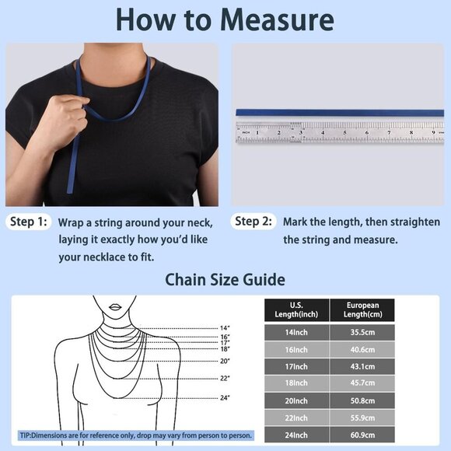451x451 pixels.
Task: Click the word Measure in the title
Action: click(x=277, y=19)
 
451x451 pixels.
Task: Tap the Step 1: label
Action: click(x=28, y=222)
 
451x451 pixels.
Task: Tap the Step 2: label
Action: click(x=253, y=221)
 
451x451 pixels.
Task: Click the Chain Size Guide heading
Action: click(x=226, y=280)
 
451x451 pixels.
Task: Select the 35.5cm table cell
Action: click(x=362, y=333)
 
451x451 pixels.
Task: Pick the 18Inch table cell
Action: click(x=296, y=383)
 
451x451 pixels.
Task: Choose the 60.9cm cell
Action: click(x=362, y=435)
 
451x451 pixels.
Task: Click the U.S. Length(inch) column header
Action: click(x=296, y=310)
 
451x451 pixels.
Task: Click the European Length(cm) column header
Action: click(x=362, y=310)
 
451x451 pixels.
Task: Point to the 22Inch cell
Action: click(x=296, y=418)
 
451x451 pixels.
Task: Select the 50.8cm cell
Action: click(x=362, y=400)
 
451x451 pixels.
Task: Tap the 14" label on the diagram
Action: click(x=225, y=328)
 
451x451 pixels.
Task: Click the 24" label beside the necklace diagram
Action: click(x=225, y=398)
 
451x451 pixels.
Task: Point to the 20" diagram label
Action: click(x=225, y=361)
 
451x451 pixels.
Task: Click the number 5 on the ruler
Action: click(x=344, y=133)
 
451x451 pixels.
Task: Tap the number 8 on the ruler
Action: click(x=411, y=133)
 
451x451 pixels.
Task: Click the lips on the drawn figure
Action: click(x=115, y=307)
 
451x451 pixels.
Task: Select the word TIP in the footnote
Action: click(x=25, y=435)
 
